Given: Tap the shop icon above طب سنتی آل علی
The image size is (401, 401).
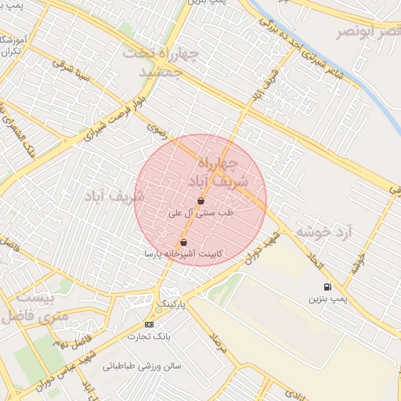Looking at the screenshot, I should point(201,201).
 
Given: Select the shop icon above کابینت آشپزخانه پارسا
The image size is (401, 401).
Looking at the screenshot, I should point(183,243).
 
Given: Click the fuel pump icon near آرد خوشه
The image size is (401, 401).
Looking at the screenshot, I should point(327,287).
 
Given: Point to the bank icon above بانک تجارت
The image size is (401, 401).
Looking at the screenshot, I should point(149,324).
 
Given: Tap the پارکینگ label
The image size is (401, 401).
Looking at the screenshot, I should point(172,302).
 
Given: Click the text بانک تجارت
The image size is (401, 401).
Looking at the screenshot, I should point(149,337).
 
